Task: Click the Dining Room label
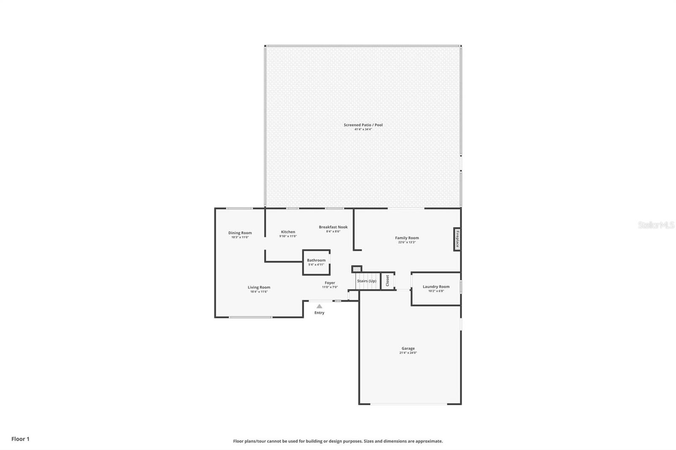[x=240, y=233]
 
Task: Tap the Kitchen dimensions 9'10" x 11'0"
[x=288, y=236]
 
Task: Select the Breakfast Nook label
[x=333, y=227]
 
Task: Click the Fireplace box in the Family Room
[x=457, y=239]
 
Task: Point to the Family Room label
[x=407, y=238]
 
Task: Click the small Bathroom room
[x=316, y=263]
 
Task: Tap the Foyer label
[x=330, y=283]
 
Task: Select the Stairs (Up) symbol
[x=366, y=281]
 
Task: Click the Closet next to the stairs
[x=387, y=281]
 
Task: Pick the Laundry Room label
[x=436, y=287]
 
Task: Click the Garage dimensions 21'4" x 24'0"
[x=408, y=353]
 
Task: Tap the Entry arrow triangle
[x=319, y=306]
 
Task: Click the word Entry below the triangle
[x=319, y=313]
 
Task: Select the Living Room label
[x=259, y=287]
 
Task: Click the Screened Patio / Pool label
[x=363, y=125]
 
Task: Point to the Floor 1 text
[x=20, y=439]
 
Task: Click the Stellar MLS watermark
[x=656, y=225]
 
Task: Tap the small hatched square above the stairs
[x=357, y=269]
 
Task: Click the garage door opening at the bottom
[x=408, y=404]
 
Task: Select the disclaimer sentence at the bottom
[x=338, y=441]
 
